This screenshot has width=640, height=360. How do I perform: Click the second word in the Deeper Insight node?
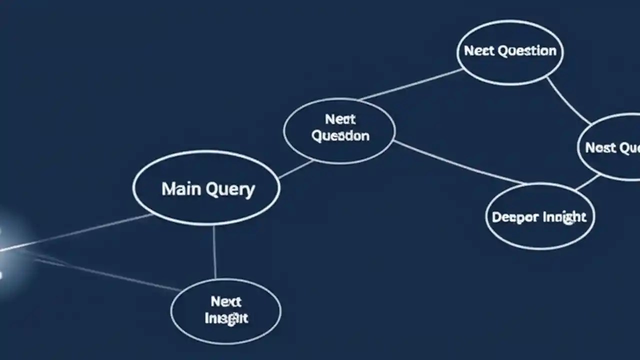click(x=564, y=217)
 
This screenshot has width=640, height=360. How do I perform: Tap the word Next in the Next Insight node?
click(x=226, y=301)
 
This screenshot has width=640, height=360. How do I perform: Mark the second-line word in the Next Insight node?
click(x=226, y=318)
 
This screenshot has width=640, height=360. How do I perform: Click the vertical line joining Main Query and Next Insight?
click(x=214, y=252)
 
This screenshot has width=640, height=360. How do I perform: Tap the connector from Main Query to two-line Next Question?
click(x=296, y=169)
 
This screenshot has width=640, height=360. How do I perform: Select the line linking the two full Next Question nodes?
click(x=410, y=84)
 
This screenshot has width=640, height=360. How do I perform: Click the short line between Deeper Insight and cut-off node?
click(x=587, y=182)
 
